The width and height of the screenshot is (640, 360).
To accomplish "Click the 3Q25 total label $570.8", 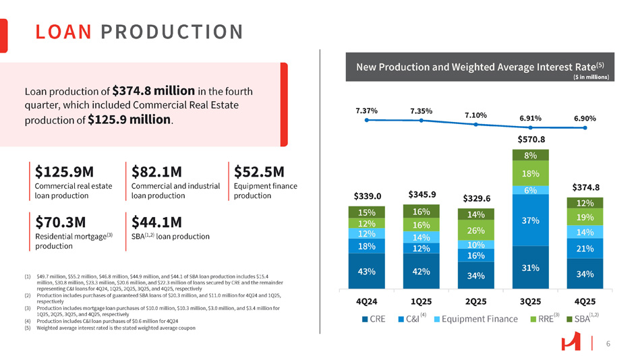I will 531,140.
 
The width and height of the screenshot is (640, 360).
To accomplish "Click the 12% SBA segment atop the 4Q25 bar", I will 585,203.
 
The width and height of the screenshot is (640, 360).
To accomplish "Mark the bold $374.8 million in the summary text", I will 154,90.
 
